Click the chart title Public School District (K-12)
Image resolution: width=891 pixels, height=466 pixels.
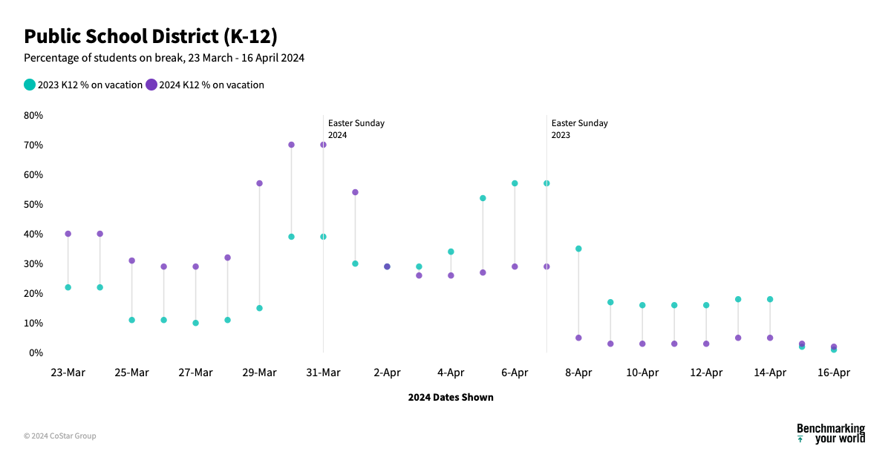point(151,36)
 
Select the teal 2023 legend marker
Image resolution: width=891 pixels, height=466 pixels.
point(30,85)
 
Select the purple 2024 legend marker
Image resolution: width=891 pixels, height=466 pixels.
point(151,85)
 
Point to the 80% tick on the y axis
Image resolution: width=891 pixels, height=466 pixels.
point(33,115)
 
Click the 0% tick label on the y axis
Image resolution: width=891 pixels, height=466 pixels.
point(36,352)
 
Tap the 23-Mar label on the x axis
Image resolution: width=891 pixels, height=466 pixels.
point(68,373)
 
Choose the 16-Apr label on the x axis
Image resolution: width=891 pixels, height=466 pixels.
point(834,373)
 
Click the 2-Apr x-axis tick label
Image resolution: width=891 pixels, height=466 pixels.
point(387,373)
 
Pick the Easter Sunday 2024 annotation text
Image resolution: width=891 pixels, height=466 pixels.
point(356,129)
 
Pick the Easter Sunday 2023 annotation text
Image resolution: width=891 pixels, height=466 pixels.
point(579,129)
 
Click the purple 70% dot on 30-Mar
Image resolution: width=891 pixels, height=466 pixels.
point(291,145)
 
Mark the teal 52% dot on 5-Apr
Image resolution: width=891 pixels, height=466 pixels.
point(483,198)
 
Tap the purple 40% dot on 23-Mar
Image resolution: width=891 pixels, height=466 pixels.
point(68,234)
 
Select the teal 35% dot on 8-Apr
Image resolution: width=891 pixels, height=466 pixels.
point(578,249)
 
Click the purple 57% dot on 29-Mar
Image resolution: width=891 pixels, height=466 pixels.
point(259,183)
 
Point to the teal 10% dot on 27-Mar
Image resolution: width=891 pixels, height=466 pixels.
point(195,323)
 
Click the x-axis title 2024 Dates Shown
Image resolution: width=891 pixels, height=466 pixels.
point(451,397)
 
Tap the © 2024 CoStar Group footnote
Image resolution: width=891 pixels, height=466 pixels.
point(59,436)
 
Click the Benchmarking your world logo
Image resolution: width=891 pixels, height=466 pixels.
point(830,433)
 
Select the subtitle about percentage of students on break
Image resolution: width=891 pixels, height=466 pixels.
point(164,58)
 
